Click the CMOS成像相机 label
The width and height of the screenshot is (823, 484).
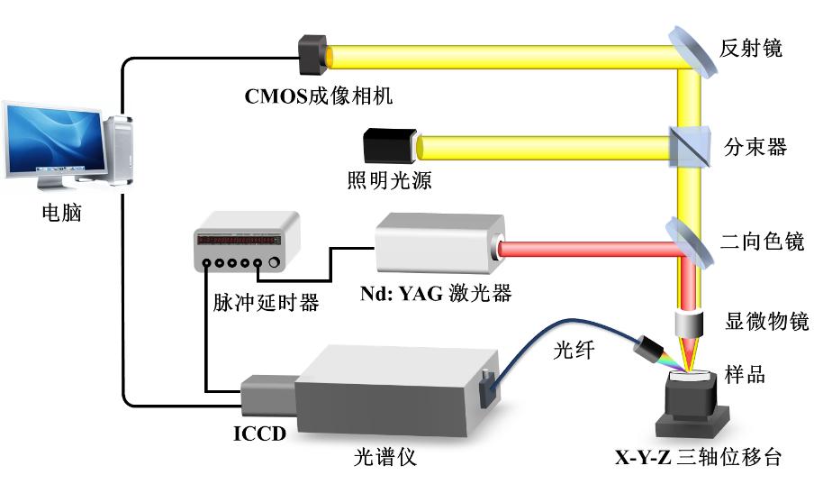tap(319, 94)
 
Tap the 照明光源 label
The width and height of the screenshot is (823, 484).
tap(389, 180)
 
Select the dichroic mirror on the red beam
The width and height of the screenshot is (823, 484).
tap(690, 239)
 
